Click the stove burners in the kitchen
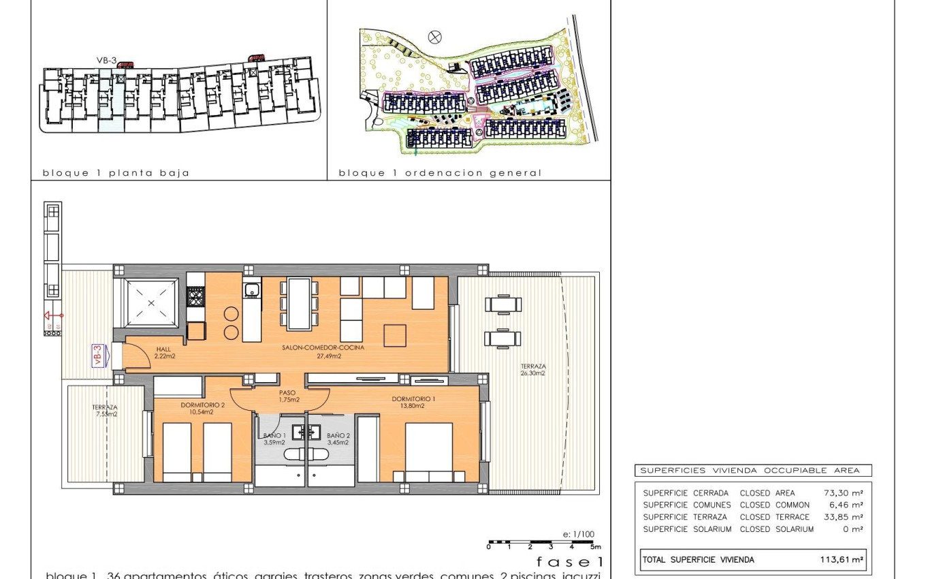tap(195, 297)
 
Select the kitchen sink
tap(252, 290)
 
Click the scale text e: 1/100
tap(578, 534)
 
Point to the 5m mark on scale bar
tap(594, 546)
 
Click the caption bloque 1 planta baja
tap(116, 173)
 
